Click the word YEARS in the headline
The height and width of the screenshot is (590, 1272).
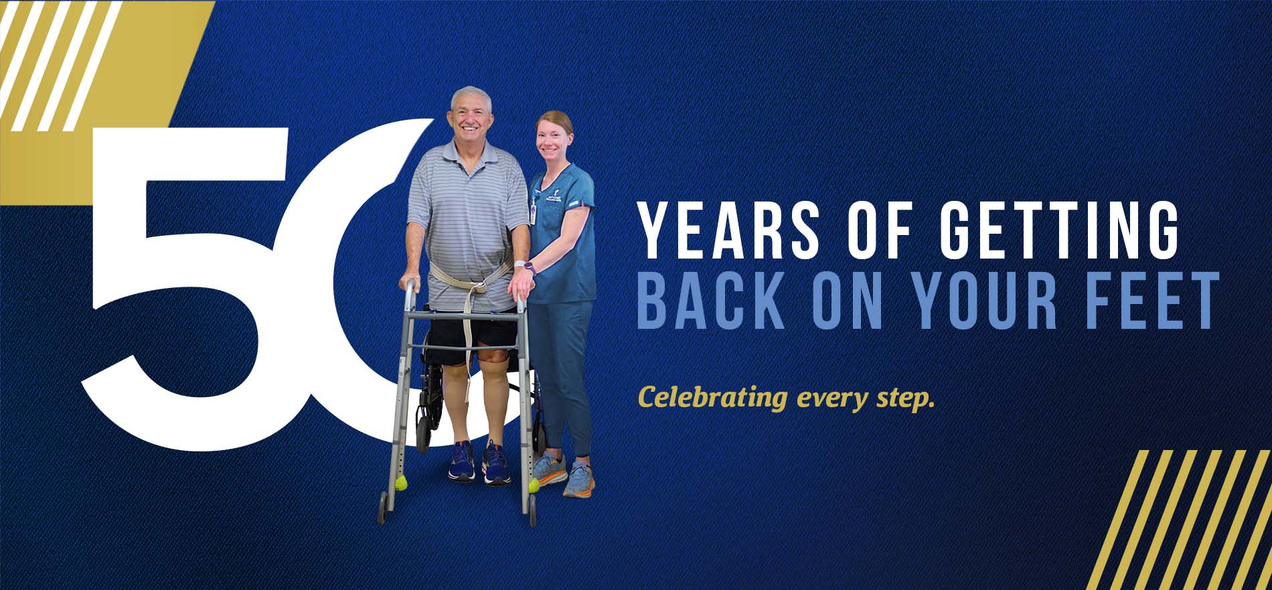[729, 230]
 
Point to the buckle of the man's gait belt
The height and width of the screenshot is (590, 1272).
[478, 289]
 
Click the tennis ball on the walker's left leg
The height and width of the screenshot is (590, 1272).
[400, 482]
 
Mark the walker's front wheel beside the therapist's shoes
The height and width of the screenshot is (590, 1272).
[532, 515]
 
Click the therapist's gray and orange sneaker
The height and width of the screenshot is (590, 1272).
[578, 480]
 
